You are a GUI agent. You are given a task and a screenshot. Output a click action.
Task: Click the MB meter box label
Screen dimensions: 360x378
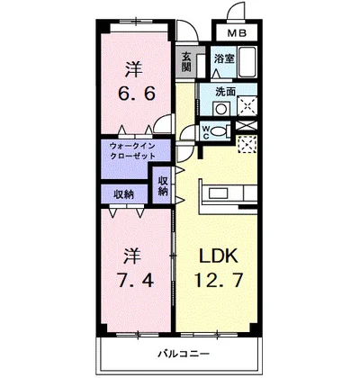point(237,33)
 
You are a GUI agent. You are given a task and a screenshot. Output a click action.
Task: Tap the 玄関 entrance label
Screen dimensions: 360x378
point(186,62)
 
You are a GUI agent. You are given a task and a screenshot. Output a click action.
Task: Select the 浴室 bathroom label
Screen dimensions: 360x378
point(224,58)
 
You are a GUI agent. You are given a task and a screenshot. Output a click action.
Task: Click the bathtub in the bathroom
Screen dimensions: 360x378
point(247,62)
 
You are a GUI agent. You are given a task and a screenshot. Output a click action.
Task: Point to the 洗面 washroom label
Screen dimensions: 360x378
point(226,92)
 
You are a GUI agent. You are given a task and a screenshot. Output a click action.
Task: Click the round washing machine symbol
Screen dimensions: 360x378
point(221,109)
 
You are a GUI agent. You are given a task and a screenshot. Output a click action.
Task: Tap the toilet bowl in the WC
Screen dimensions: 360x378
point(218,131)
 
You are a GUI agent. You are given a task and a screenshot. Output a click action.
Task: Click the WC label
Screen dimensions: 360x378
point(205,132)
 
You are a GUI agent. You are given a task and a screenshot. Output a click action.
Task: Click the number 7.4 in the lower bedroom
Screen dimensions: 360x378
point(136,281)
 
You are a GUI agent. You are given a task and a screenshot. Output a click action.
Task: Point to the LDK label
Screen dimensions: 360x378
point(219,256)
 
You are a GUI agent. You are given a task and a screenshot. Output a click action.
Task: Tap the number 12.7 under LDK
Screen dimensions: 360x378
point(218,280)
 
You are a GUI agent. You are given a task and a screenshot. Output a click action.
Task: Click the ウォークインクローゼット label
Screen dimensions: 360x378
point(132,151)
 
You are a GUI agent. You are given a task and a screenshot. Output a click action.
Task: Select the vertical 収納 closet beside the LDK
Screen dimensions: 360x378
point(163,186)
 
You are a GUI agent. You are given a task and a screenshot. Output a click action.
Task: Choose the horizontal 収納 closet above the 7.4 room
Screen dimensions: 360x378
point(123,195)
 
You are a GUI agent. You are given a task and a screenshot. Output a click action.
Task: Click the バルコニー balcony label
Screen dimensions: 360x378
point(184,354)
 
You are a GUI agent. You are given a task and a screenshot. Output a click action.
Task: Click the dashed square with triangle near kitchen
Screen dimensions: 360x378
point(247,145)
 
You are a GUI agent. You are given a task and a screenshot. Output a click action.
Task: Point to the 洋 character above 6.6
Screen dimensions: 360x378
point(133,69)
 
